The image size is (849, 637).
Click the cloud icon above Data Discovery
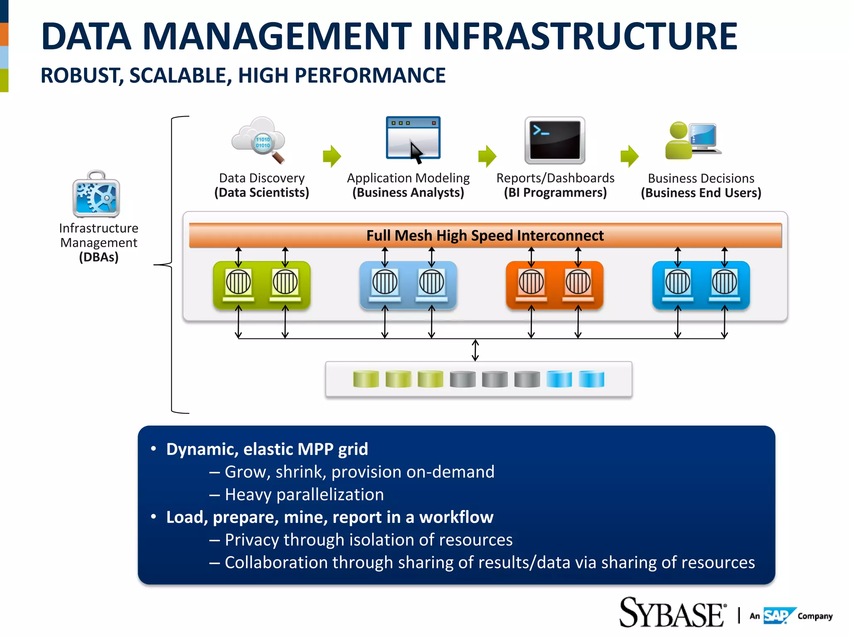[258, 139]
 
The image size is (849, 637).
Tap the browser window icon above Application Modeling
[413, 138]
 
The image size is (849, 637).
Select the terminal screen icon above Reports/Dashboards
[555, 140]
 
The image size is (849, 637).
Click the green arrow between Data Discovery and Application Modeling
[332, 156]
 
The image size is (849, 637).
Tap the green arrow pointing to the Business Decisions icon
[629, 156]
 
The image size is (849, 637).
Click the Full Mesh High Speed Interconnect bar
[485, 236]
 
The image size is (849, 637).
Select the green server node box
[262, 285]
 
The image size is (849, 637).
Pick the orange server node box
[554, 285]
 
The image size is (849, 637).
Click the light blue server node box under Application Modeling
[408, 285]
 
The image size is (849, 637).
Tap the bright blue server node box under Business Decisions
[701, 285]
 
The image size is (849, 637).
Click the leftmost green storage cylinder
[366, 379]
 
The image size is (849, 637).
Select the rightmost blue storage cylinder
[591, 379]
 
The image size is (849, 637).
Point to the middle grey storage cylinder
[495, 379]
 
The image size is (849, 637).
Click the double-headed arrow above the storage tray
[475, 350]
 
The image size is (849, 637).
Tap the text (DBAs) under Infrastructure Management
[99, 257]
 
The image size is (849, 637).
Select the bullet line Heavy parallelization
[304, 494]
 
